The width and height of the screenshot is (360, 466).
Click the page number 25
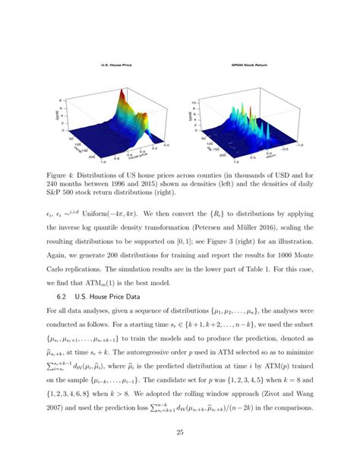click(180, 433)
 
